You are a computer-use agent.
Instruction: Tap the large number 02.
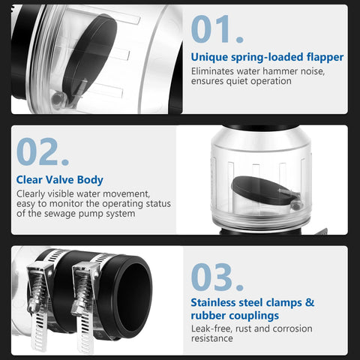point(43,152)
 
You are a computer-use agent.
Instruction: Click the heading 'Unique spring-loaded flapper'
point(267,57)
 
